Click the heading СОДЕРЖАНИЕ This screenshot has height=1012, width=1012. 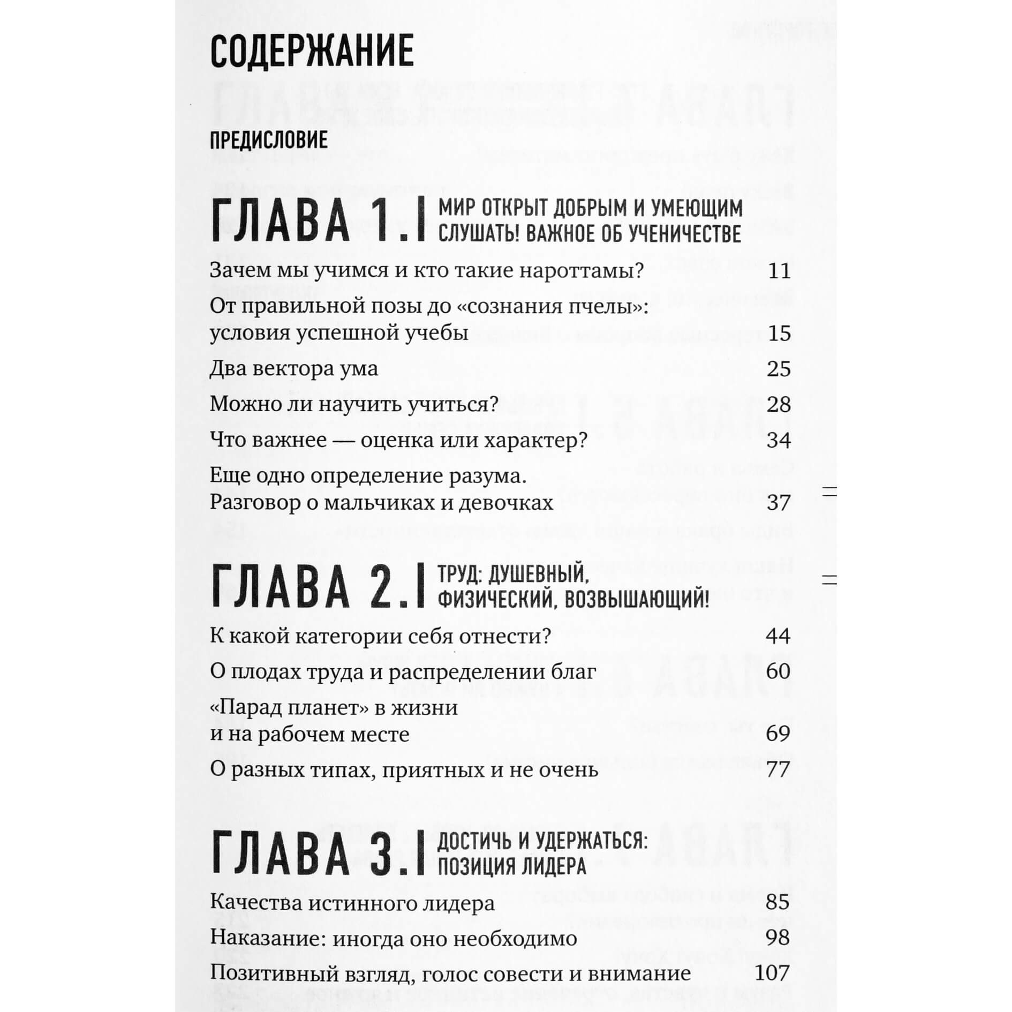(x=312, y=51)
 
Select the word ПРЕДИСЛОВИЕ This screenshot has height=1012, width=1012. (x=268, y=141)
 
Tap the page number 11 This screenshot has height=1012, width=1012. (x=779, y=271)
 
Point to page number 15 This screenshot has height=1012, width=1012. (x=779, y=333)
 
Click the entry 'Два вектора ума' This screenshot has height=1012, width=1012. (x=293, y=369)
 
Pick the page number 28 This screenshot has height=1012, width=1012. (x=779, y=404)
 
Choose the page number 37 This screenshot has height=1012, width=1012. (x=779, y=503)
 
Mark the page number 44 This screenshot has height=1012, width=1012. (x=778, y=636)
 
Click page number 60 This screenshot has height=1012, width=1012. (x=778, y=671)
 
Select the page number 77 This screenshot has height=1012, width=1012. (x=778, y=769)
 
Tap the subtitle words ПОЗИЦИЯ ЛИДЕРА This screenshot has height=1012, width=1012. (x=512, y=867)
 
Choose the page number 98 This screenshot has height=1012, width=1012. (x=778, y=938)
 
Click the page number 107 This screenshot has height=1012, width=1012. (x=772, y=973)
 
